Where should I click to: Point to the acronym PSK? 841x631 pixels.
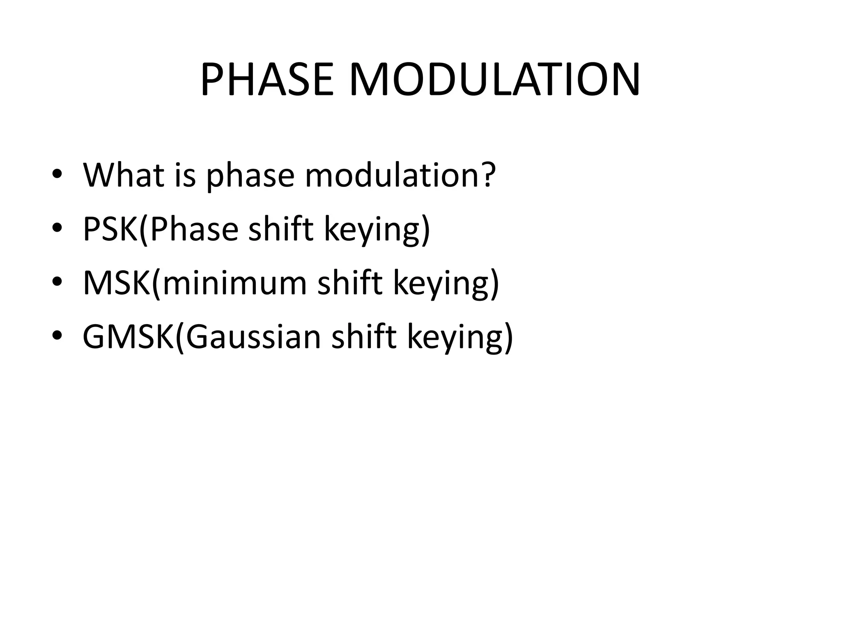110,229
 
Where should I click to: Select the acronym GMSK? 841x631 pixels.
129,336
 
